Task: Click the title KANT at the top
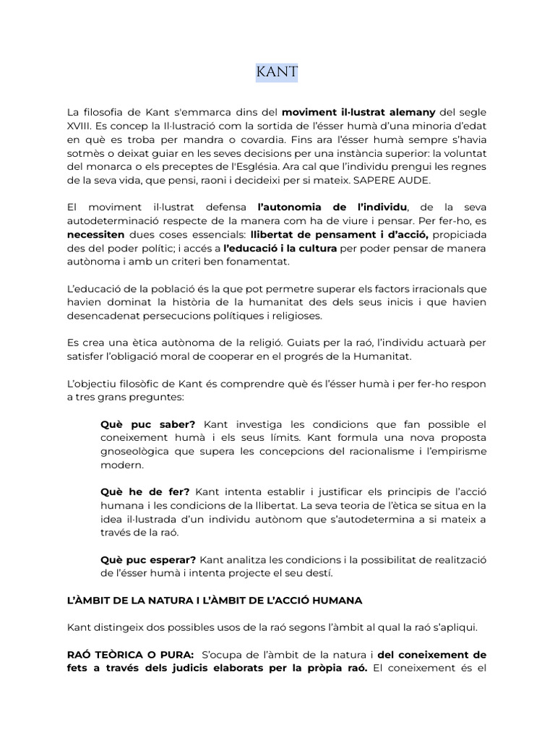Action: [x=277, y=72]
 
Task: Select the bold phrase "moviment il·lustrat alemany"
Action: [x=358, y=112]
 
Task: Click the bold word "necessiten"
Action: [x=95, y=235]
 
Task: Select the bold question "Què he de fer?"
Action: [x=145, y=491]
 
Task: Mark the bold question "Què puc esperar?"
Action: [x=148, y=559]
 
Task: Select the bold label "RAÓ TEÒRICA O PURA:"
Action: [x=131, y=655]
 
